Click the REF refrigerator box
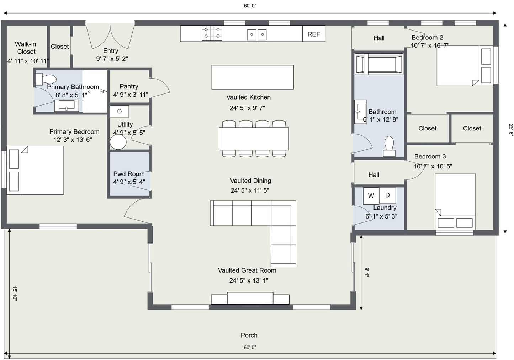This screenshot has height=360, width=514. pos(314,34)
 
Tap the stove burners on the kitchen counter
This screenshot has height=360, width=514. pos(212,33)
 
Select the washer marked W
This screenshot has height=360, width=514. pos(371,196)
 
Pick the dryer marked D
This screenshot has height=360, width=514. pos(388,195)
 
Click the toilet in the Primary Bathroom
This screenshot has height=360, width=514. pos(46,79)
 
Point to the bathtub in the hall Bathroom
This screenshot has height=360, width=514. pos(379,64)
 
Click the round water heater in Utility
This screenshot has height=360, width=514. pos(118,142)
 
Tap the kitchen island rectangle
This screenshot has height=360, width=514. pos(253,77)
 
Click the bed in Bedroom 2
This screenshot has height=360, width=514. pos(465,66)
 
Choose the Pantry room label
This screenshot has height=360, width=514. pos(129,86)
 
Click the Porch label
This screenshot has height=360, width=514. pos(249,335)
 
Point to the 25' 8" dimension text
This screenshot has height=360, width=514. pos(511,130)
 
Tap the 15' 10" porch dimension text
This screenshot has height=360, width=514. pos(15,293)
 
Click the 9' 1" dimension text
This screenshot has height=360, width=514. pos(367,273)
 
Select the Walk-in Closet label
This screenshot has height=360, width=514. pos(26,48)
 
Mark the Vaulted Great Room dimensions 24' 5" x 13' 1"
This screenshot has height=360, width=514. pos(249,280)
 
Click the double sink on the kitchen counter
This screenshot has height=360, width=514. pos(257,34)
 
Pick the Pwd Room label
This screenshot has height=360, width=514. pos(129,174)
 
